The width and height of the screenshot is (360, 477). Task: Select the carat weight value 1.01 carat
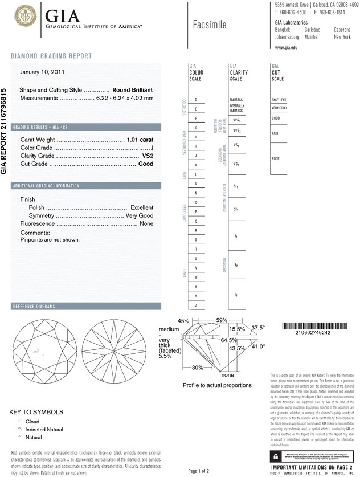(140, 140)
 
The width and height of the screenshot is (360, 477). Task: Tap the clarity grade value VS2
(147, 156)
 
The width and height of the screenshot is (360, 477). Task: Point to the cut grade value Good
(146, 164)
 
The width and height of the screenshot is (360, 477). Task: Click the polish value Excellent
(142, 207)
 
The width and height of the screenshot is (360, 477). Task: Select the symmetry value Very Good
(139, 216)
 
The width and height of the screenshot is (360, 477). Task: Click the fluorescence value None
(146, 225)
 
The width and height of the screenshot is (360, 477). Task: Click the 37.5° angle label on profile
(259, 328)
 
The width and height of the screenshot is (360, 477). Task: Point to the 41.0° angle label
(258, 346)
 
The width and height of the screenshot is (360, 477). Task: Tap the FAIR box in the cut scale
(279, 133)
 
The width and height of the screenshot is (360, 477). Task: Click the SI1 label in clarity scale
(236, 186)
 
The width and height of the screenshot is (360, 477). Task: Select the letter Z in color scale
(197, 305)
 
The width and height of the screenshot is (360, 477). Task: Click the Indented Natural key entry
(44, 429)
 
